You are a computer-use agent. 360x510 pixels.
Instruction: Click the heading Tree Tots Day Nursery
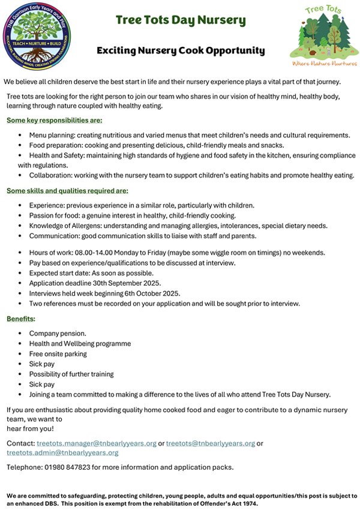point(181,20)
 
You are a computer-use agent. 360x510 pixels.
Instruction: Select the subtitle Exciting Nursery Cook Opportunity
point(181,51)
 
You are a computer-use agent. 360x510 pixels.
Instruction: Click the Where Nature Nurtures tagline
point(324,62)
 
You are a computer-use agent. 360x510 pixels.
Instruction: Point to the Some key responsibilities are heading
point(54,120)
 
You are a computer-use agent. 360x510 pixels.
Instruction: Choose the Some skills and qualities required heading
point(67,191)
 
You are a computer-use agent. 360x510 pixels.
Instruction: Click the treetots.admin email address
point(62,452)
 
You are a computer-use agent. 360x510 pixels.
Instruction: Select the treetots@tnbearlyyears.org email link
point(211,443)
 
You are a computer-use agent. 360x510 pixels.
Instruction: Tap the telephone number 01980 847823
point(68,467)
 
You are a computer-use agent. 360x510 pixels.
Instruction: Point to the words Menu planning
point(53,135)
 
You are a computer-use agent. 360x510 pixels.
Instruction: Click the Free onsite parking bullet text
point(58,354)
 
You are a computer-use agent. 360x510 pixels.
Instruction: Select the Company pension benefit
point(58,333)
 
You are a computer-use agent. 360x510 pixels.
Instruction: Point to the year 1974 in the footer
point(249,504)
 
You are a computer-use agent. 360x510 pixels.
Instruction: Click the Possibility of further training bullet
point(71,374)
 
